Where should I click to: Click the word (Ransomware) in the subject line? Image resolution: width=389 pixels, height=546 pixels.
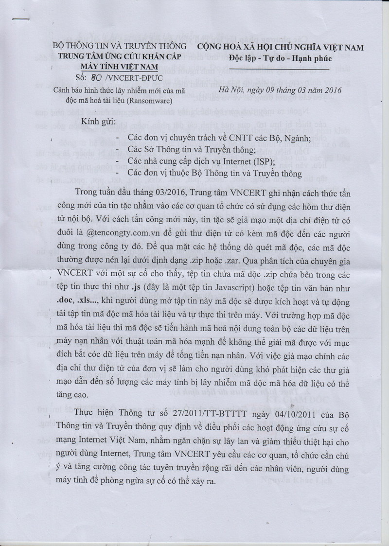(153, 101)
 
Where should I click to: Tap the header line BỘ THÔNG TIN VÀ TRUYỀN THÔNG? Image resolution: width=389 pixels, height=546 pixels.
(120, 47)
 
